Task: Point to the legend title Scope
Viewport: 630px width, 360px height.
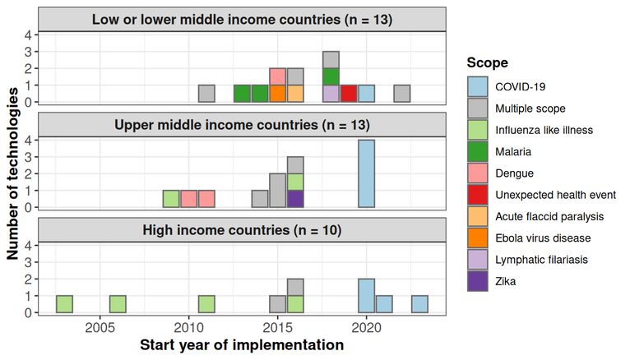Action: click(486, 62)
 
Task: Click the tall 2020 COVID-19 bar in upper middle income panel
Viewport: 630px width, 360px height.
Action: click(367, 173)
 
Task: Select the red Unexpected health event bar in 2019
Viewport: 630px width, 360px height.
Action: click(349, 94)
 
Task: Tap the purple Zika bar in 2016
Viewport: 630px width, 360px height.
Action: click(296, 199)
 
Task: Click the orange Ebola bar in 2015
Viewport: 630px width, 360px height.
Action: click(278, 94)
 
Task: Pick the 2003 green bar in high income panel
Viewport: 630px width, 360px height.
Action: click(65, 304)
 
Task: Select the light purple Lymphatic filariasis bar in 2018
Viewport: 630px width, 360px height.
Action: click(331, 94)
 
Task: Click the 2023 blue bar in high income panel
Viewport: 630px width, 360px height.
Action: click(419, 304)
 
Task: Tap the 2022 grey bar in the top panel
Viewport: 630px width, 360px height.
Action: click(402, 94)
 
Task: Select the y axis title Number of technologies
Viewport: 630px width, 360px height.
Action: click(14, 174)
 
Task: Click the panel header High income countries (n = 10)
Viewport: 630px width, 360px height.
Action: click(242, 229)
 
